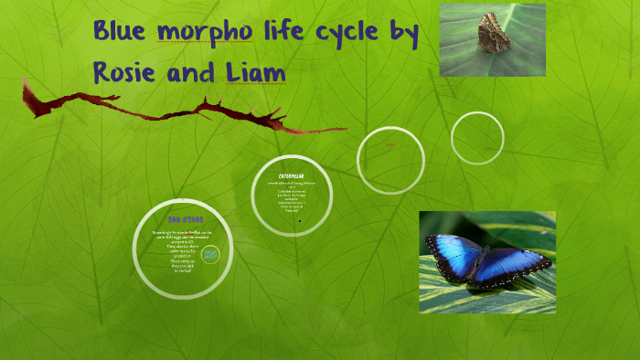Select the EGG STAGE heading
tap(186, 219)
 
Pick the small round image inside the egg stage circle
tap(211, 254)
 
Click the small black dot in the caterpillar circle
tap(300, 220)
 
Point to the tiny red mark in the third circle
tap(391, 145)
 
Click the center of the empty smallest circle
tap(477, 137)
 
